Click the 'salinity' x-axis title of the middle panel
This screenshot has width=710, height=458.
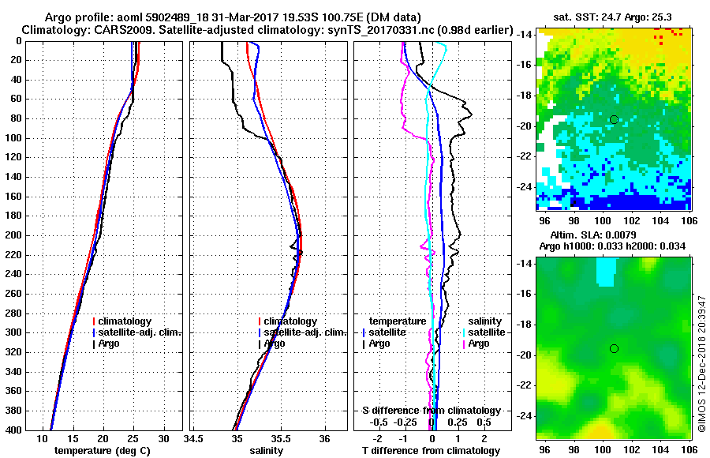tap(267, 450)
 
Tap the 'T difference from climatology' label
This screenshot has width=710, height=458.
tap(432, 450)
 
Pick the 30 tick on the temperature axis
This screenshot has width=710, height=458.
tap(163, 438)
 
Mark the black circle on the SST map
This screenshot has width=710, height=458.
tap(614, 119)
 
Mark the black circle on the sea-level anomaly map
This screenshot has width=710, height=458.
tap(614, 348)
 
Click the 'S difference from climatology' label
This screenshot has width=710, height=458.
tap(432, 411)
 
